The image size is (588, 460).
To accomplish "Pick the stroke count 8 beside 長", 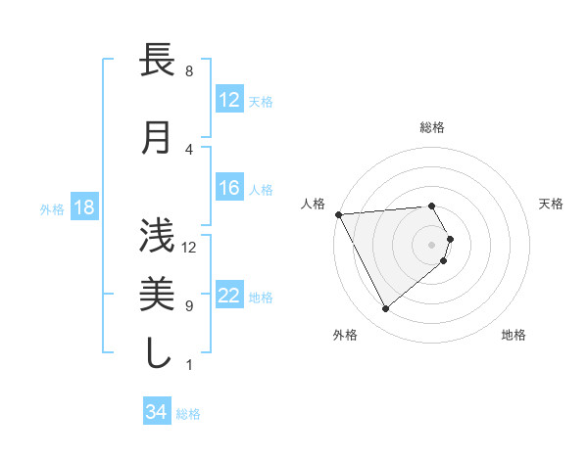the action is (188, 71).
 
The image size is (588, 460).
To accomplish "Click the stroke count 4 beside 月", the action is (188, 149).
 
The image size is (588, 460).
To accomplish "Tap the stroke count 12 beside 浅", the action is (190, 247).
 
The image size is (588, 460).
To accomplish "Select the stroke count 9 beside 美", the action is (188, 305).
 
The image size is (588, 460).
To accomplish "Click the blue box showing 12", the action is (228, 99).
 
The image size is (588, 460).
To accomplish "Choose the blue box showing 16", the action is (228, 188).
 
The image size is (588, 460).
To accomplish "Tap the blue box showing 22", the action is (228, 296).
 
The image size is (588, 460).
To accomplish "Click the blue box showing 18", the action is (83, 207).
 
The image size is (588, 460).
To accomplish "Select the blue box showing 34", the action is (156, 412).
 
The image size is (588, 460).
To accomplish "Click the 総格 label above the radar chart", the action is (432, 127).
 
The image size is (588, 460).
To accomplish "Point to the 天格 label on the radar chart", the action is (552, 204).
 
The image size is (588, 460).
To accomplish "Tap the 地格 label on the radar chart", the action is (514, 335).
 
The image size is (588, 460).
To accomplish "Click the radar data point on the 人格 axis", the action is (338, 214).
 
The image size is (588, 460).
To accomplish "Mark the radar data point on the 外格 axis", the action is (385, 308).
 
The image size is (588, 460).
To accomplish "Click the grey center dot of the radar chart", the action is (432, 244).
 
